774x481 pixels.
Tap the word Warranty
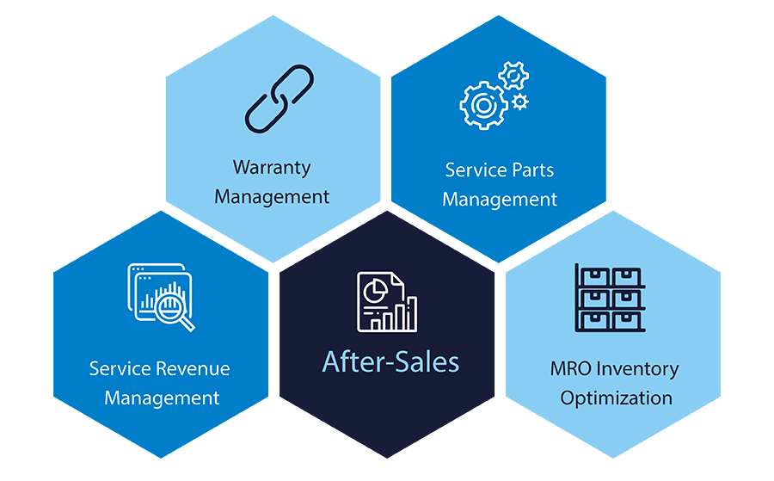point(272,167)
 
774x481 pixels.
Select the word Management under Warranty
point(272,196)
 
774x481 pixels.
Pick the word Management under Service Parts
point(500,200)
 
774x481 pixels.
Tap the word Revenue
point(193,369)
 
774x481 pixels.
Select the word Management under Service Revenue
point(162,398)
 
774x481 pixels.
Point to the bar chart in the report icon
point(400,315)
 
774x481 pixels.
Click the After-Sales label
point(390,361)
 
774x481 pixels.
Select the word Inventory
point(638,369)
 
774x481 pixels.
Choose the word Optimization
point(617,398)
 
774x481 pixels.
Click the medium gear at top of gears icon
point(513,76)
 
